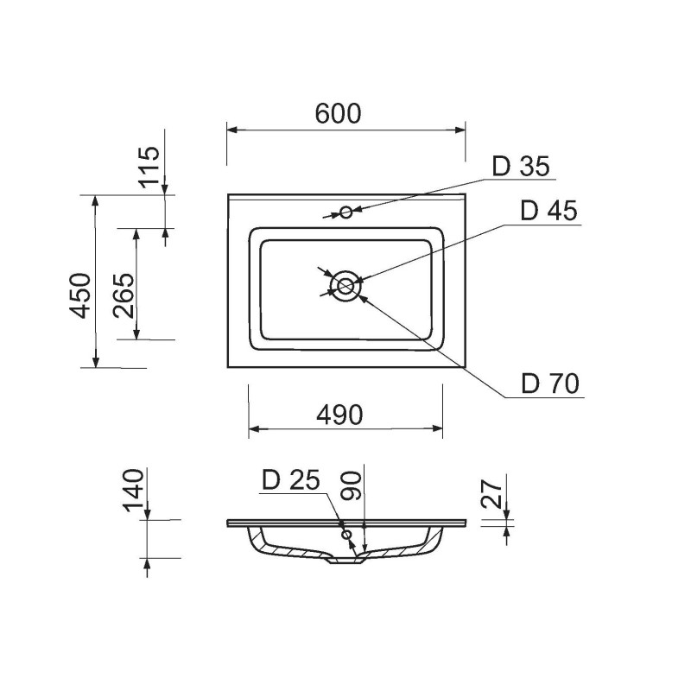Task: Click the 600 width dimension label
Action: point(338,113)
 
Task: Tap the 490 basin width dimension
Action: point(339,415)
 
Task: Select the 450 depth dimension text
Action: point(80,295)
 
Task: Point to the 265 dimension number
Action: point(124,295)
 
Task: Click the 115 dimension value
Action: point(149,167)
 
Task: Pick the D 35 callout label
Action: point(521,166)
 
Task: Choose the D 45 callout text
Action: point(548,211)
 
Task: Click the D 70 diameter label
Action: point(550,384)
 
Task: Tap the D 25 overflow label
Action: point(291,480)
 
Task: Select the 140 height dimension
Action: point(134,490)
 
